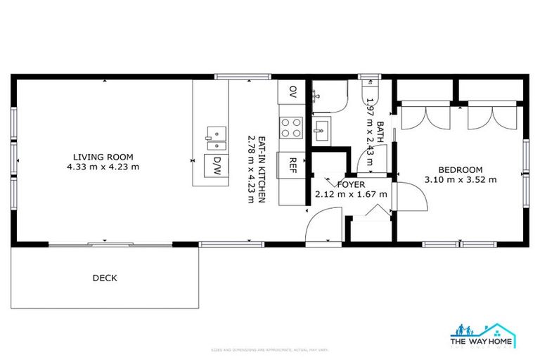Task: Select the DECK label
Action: click(x=105, y=278)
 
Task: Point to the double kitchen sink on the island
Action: click(x=217, y=138)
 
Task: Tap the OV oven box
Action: click(x=292, y=91)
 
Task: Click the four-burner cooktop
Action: click(x=292, y=127)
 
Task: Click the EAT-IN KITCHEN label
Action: click(x=261, y=169)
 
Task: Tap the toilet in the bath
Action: click(x=370, y=92)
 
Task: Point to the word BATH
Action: click(x=380, y=131)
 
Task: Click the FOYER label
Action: click(x=351, y=184)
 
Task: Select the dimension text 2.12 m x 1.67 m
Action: click(x=351, y=194)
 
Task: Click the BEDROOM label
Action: click(x=461, y=169)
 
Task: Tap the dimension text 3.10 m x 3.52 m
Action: click(x=461, y=179)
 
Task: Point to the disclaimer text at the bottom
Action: click(x=270, y=349)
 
